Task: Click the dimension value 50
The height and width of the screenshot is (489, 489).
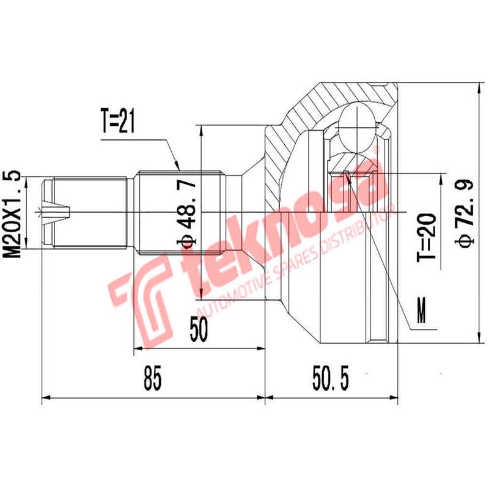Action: [199, 331]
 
